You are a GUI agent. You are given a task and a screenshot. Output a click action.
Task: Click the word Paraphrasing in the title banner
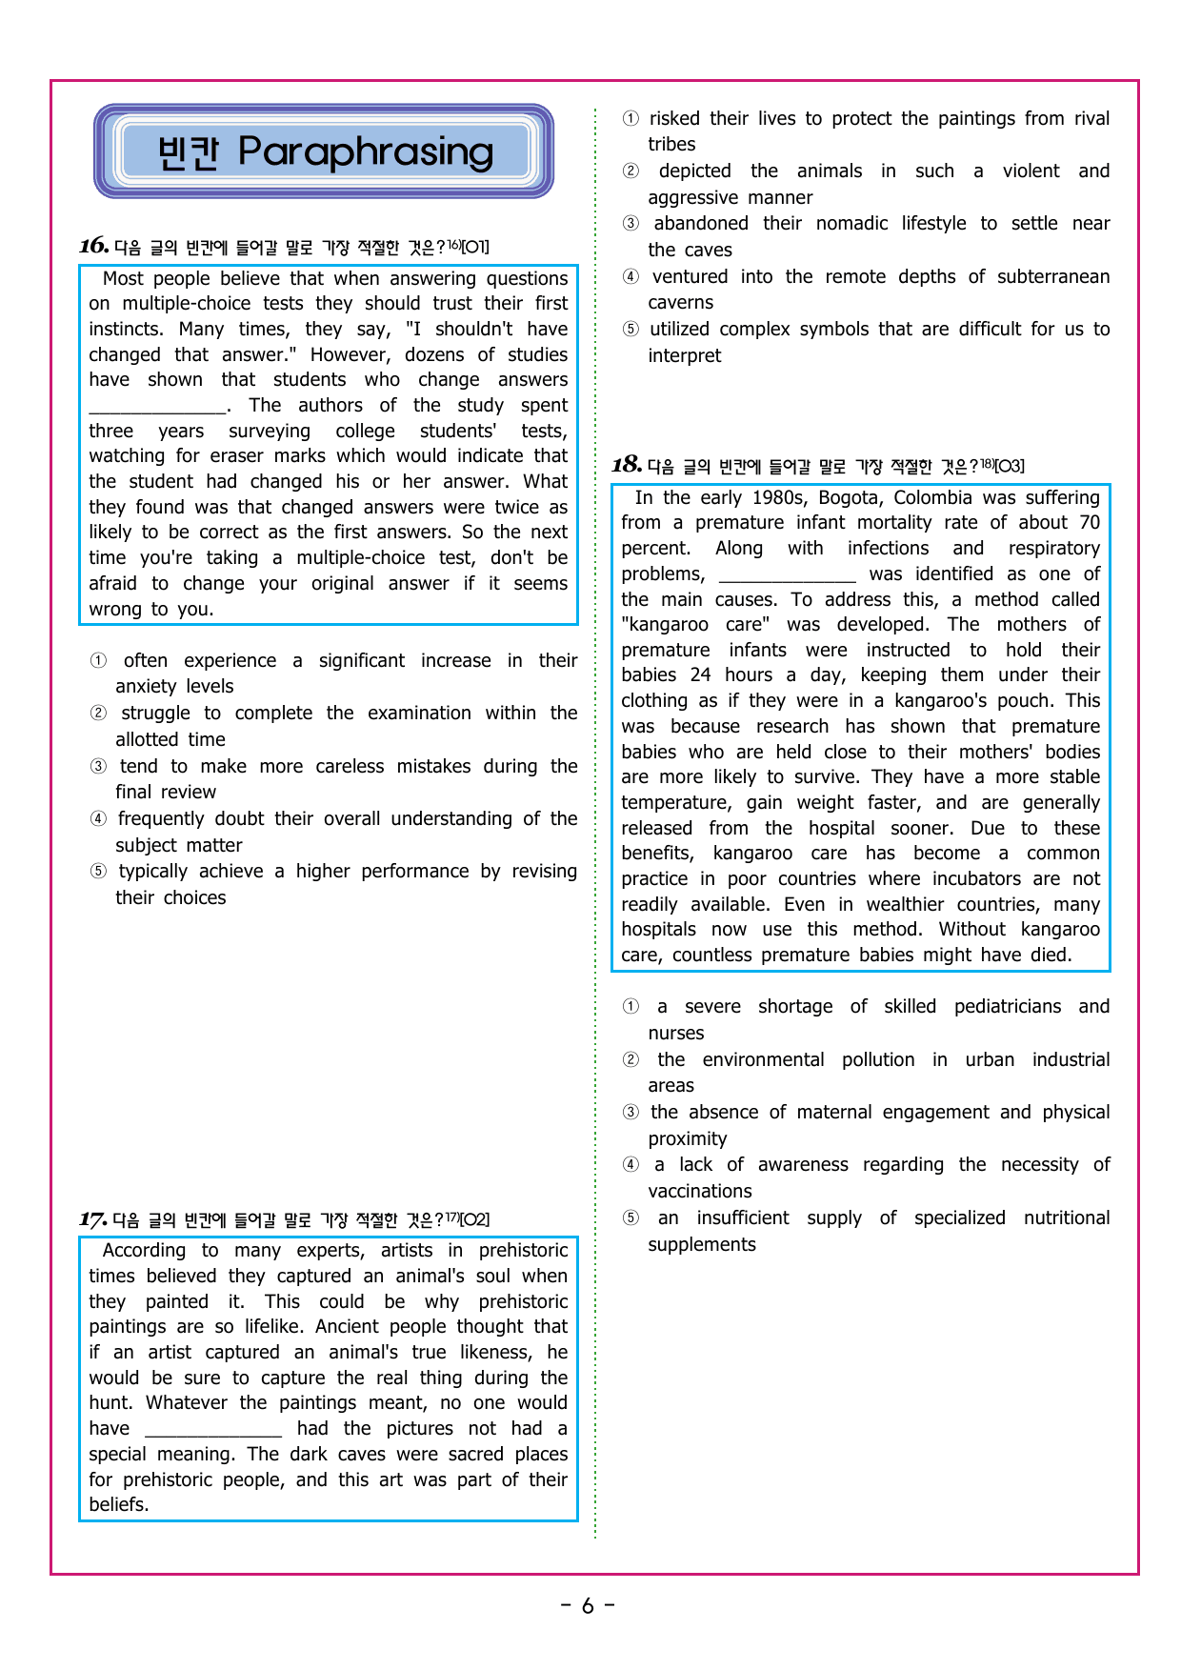(366, 152)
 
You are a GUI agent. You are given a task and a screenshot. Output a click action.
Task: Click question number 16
(93, 246)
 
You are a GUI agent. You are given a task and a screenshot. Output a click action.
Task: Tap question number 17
(92, 1219)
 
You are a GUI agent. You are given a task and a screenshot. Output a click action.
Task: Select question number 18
(627, 465)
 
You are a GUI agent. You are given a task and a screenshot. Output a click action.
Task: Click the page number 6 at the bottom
(588, 1606)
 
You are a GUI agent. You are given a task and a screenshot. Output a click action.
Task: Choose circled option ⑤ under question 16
(98, 872)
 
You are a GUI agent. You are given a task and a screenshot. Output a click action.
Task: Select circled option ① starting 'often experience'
(98, 660)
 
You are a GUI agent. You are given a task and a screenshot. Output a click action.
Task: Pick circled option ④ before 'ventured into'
(631, 277)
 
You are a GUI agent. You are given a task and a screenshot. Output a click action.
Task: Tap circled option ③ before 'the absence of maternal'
(631, 1113)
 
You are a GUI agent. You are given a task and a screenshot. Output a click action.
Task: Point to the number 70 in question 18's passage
(1090, 523)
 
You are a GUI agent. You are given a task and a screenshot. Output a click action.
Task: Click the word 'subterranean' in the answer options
(1053, 277)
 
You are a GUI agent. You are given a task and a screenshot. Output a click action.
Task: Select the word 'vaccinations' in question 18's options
(700, 1192)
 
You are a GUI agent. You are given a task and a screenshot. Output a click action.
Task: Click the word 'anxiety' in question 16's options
(147, 687)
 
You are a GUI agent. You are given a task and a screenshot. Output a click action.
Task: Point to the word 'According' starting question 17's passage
(144, 1251)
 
